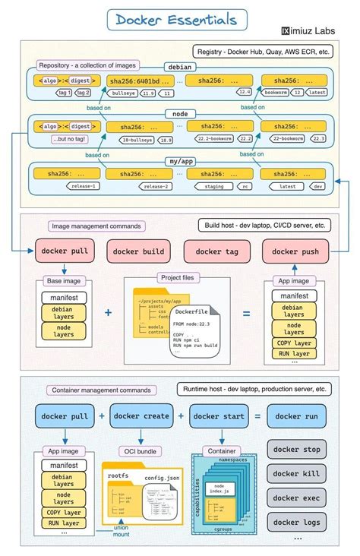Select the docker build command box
(x=137, y=251)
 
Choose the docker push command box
(x=295, y=251)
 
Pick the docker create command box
(x=142, y=416)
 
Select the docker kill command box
(x=296, y=473)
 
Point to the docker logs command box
(x=296, y=522)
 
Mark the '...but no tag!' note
(x=69, y=139)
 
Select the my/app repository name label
(x=181, y=162)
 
